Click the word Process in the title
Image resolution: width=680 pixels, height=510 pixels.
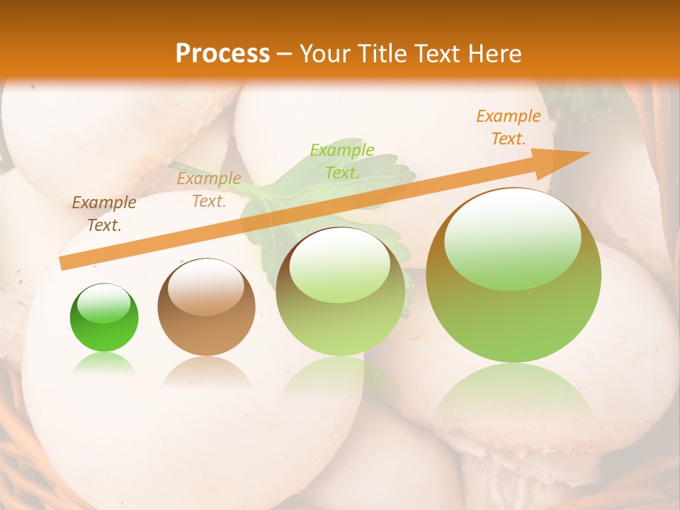[x=222, y=53]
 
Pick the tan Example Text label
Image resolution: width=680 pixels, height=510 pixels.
[x=209, y=190]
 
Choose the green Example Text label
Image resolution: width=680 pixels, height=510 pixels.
[x=342, y=161]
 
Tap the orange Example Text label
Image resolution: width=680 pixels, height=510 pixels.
[x=509, y=127]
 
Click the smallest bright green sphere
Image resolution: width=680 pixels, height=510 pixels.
[x=104, y=319]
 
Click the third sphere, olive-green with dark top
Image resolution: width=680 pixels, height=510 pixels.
[x=341, y=291]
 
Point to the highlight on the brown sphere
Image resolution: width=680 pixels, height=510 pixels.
[x=206, y=286]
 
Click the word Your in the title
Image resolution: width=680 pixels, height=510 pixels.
[x=326, y=54]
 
